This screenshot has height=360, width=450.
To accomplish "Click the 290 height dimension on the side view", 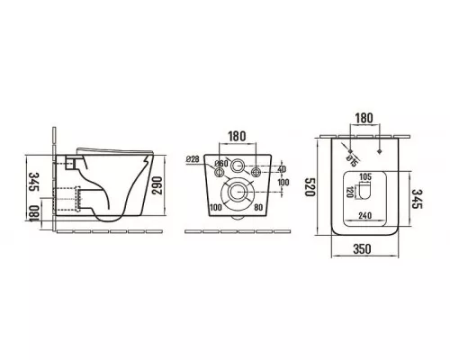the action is (157, 185).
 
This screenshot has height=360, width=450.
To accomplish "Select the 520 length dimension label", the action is (310, 186).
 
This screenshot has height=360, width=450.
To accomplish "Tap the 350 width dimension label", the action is (362, 249).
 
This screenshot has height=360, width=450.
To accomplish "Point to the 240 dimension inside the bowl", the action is (364, 215).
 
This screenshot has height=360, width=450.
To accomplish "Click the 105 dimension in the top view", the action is (365, 177).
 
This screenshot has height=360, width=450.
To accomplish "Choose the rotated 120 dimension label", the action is (349, 192).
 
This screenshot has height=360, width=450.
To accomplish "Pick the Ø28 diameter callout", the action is (193, 159).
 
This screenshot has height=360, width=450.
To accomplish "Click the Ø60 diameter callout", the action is (221, 164).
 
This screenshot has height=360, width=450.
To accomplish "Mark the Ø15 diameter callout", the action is (352, 161).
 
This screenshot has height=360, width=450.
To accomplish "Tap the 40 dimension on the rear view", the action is (282, 169).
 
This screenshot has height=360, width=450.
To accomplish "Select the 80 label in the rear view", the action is (258, 207).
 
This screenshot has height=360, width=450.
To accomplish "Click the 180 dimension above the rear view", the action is (237, 137).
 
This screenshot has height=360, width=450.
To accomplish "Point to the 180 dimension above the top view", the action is (364, 118).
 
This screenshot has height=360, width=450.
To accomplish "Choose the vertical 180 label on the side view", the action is (35, 213).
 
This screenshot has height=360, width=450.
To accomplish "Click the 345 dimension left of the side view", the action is (35, 182).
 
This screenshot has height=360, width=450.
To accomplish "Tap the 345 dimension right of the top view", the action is (417, 199).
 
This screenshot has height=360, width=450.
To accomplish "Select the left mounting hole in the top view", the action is (350, 151).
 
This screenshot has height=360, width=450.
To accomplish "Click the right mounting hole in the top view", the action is (380, 151).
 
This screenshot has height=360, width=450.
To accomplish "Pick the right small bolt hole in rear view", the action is (256, 172).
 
